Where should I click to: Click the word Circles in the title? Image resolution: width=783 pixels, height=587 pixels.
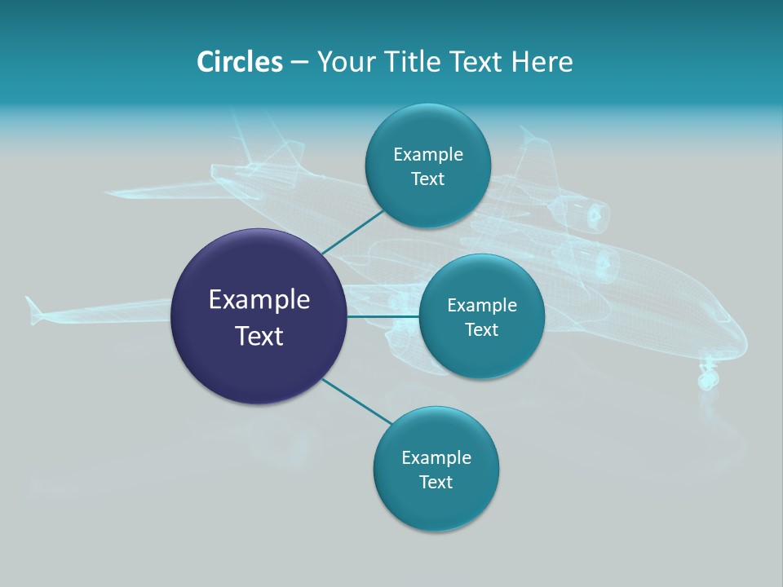239,62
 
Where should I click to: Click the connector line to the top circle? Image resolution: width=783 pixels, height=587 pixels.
352,232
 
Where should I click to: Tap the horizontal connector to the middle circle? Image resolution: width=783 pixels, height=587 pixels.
383,316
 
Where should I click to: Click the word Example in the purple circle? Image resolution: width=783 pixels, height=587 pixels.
259,300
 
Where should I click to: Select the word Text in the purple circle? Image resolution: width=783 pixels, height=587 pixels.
259,336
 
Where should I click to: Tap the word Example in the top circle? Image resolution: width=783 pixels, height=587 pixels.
428,154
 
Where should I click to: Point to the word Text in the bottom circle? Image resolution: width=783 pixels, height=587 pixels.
436,482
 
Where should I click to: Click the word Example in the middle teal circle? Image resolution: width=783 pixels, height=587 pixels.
482,305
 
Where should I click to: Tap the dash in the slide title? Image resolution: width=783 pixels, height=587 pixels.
299,62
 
